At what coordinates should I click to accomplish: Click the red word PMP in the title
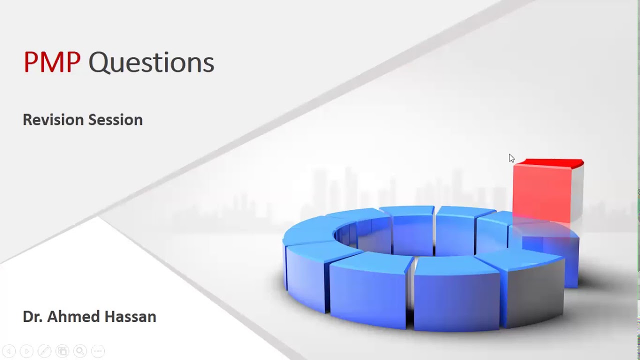point(51,62)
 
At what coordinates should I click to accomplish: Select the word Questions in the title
point(151,62)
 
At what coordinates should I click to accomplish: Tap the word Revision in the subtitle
point(53,120)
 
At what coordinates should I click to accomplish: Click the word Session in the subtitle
point(115,120)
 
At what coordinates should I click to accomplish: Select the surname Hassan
point(132,316)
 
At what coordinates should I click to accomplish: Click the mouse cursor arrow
point(511,158)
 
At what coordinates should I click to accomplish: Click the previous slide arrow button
point(9,351)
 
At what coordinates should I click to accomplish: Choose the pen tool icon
point(44,351)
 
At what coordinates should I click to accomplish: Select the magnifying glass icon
point(80,351)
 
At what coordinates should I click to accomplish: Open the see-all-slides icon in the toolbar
point(62,351)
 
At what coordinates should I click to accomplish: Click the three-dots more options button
point(98,351)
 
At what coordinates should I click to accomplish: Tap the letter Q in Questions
point(98,63)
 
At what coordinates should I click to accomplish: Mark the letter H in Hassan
point(113,316)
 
